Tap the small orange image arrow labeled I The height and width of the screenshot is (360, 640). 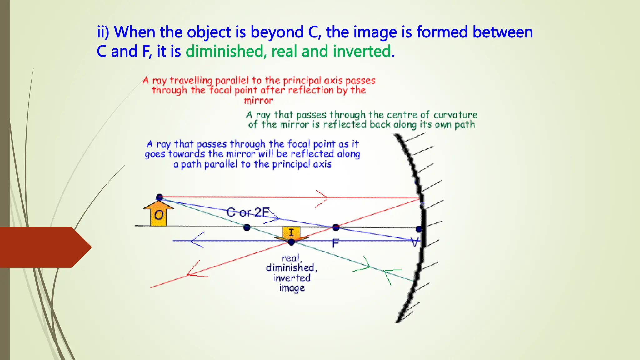[x=291, y=233]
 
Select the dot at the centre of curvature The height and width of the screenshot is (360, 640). [x=247, y=227]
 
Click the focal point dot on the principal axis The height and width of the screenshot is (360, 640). [x=336, y=227]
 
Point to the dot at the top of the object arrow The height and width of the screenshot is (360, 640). [x=159, y=197]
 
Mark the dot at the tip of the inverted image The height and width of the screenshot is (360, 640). [x=292, y=242]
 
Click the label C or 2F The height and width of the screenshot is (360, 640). [x=247, y=212]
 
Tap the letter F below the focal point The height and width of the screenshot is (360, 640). [x=335, y=243]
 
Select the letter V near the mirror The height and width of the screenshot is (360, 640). [x=415, y=242]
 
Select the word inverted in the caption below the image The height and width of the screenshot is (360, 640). [x=292, y=278]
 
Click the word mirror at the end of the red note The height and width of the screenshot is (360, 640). [x=258, y=101]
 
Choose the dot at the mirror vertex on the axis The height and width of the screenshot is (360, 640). [x=419, y=229]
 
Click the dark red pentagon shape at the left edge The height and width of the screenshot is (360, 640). [x=44, y=247]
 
